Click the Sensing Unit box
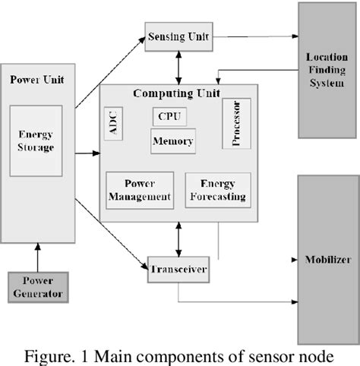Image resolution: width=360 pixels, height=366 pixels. (177, 36)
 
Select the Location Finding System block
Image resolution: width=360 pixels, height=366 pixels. (326, 69)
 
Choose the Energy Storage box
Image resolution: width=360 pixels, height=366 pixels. (36, 141)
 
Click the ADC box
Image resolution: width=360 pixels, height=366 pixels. (113, 125)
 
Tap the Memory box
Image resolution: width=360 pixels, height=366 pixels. (172, 141)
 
